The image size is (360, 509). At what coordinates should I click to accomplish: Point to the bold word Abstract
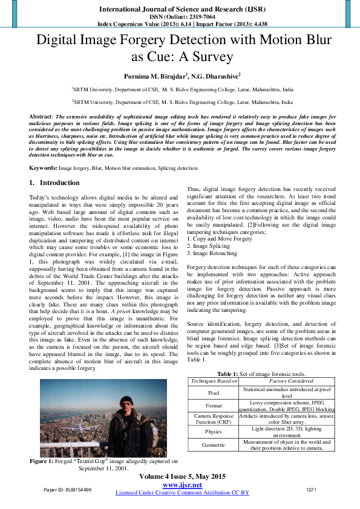42,115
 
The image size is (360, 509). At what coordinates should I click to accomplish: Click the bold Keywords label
43,167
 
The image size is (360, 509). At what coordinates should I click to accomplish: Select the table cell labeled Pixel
213,392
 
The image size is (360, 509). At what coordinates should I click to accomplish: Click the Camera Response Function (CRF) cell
213,420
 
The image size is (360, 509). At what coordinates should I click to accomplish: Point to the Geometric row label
213,444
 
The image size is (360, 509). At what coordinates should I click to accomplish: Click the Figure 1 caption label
46,461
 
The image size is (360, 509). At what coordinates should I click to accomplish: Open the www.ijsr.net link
182,485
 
